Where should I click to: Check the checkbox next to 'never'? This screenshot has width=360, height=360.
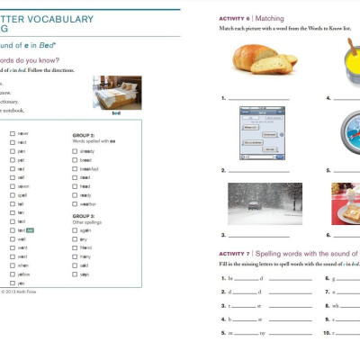coord(12,132)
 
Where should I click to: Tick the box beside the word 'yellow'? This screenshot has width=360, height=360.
coord(12,274)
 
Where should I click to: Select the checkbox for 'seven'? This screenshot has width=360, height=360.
coord(12,184)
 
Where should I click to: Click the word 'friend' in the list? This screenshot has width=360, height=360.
coord(86,247)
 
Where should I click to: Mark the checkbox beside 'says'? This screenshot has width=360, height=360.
coord(74,274)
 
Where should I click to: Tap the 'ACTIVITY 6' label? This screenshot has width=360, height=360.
coord(237,18)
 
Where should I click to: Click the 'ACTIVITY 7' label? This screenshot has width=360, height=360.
coord(237,255)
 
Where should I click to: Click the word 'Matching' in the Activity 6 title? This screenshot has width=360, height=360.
coord(274,18)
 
